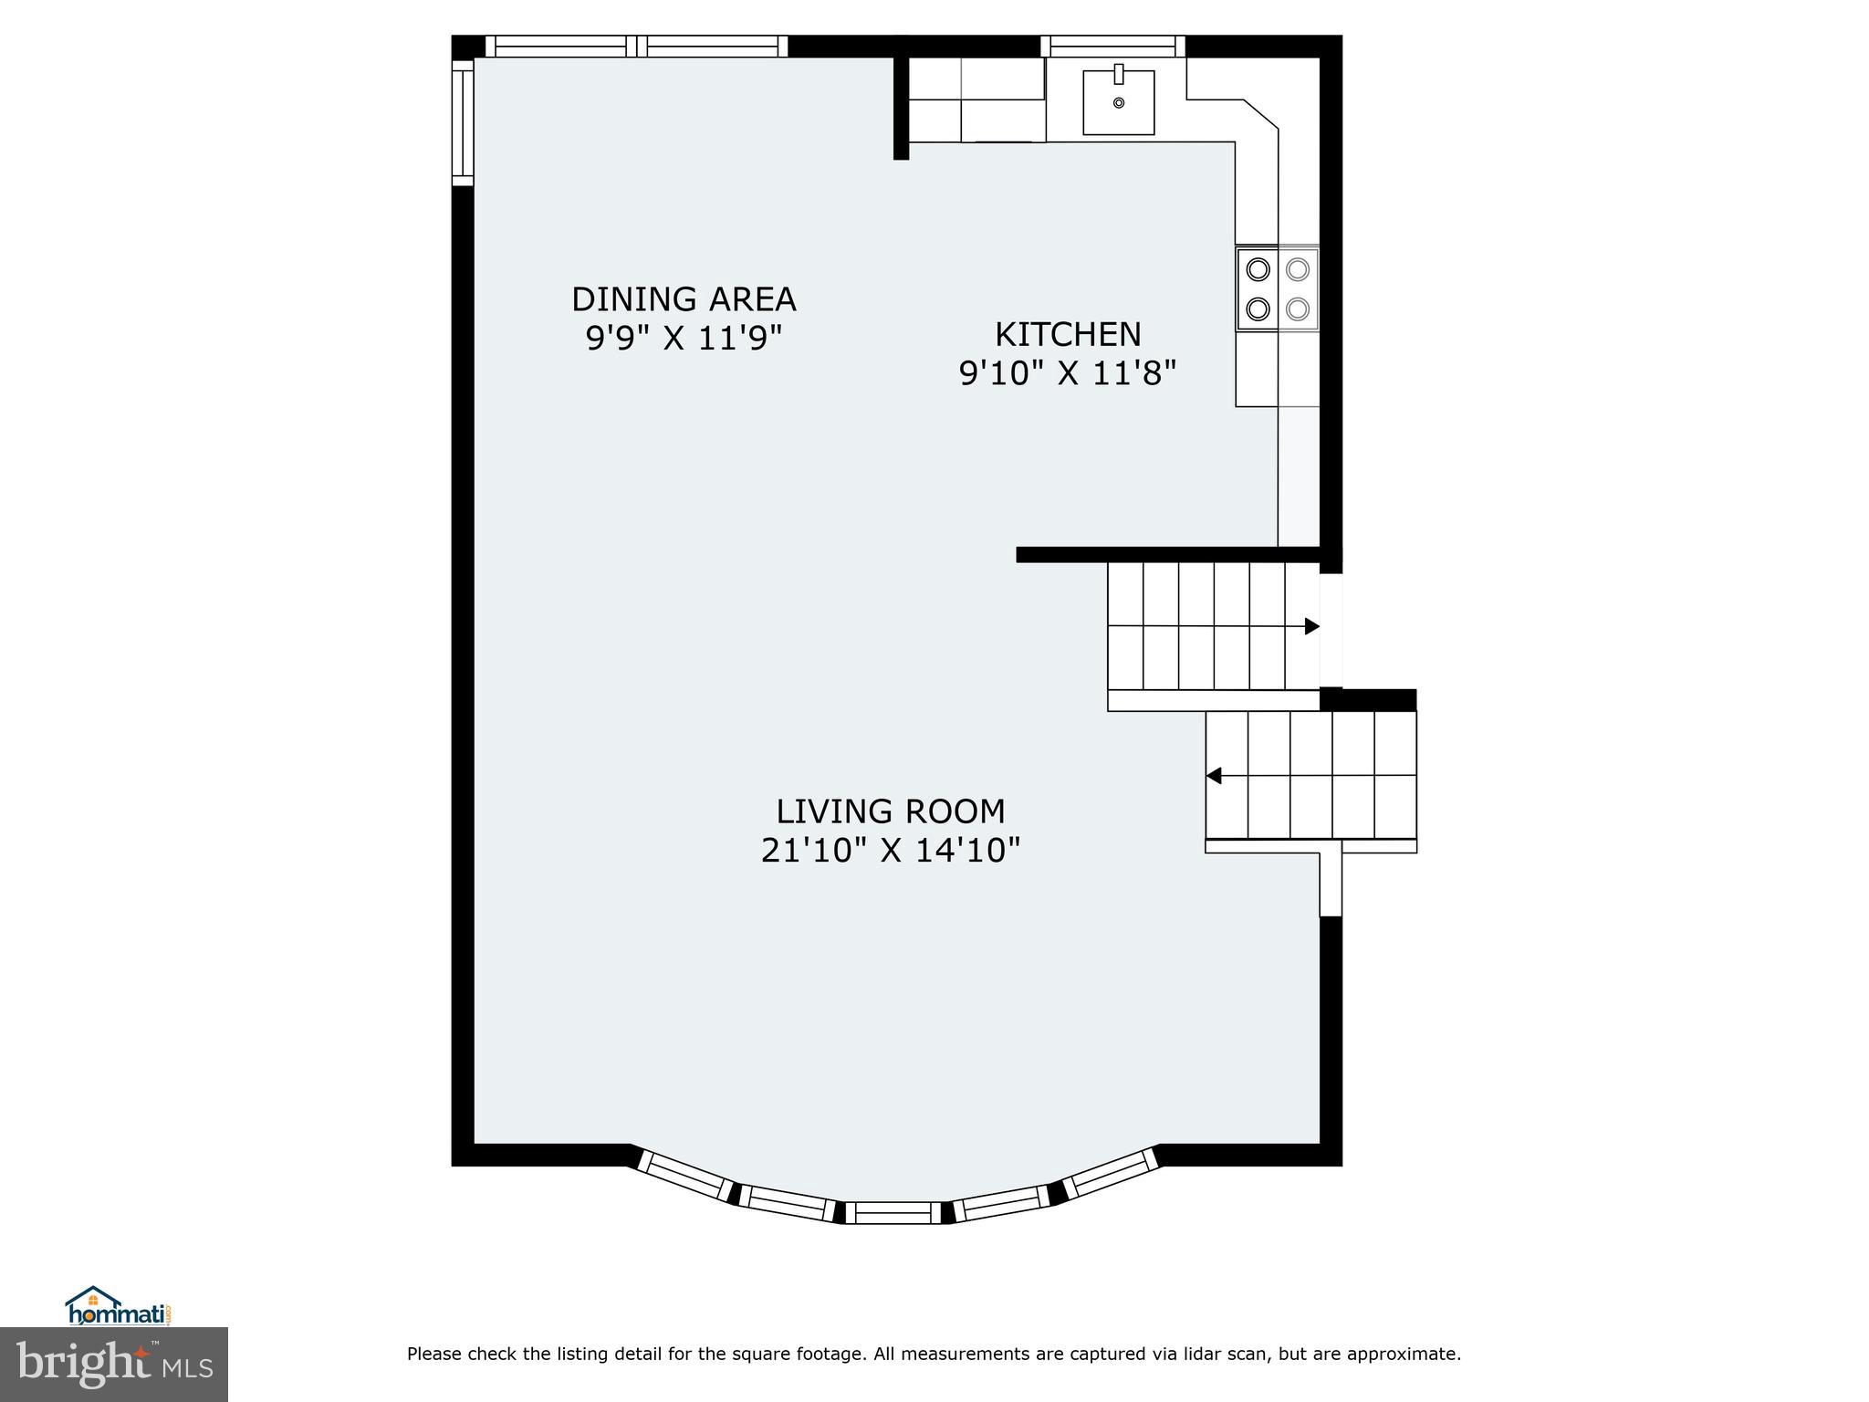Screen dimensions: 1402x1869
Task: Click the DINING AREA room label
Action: (684, 299)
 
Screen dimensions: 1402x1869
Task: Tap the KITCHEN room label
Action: (1068, 334)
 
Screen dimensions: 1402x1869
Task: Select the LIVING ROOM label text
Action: (891, 811)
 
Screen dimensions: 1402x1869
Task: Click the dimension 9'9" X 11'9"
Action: (684, 339)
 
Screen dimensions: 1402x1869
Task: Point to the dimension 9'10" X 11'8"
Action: (1068, 373)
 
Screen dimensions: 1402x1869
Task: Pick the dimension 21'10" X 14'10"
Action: (891, 851)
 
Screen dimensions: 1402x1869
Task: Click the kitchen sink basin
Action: (1119, 103)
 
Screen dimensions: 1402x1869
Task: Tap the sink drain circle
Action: (1119, 103)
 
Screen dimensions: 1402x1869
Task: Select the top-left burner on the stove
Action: (1258, 269)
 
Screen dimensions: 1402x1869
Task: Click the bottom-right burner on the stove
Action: (1298, 309)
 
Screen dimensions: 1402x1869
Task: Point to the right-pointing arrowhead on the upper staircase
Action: (1312, 626)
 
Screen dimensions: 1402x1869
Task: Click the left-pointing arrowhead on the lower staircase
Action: (1214, 776)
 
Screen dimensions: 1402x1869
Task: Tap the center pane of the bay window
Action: (893, 1212)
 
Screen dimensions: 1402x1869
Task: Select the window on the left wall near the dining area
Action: (463, 122)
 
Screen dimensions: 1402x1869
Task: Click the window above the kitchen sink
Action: (1112, 46)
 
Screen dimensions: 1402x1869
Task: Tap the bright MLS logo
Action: (114, 1364)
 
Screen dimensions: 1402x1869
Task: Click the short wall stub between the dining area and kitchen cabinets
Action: (901, 108)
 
